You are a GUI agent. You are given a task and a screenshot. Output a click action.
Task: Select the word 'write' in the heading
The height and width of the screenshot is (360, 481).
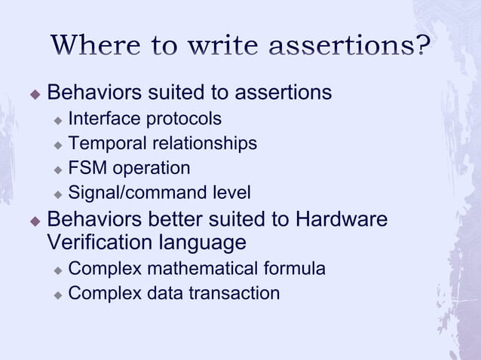[224, 45]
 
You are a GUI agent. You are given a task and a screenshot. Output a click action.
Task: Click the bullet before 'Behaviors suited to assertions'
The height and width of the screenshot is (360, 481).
[33, 93]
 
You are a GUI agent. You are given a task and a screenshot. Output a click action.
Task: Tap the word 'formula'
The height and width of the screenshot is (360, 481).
[296, 268]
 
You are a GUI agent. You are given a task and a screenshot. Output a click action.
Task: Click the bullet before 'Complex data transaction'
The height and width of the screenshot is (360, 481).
[57, 294]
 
